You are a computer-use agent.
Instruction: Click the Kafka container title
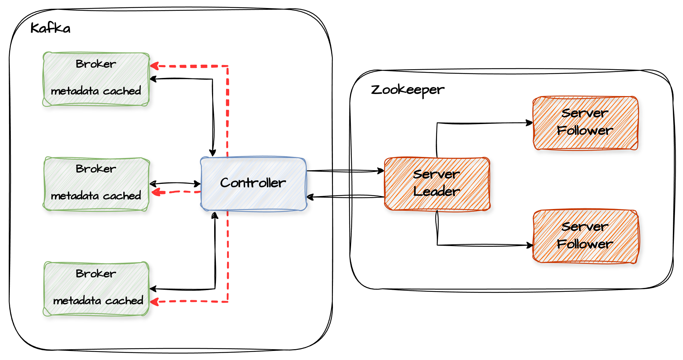[x=50, y=28]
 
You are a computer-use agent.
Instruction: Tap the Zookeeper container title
[x=407, y=90]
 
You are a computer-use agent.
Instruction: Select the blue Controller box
[x=253, y=183]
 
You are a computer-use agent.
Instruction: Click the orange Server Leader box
[x=437, y=183]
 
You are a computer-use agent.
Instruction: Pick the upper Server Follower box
[x=585, y=123]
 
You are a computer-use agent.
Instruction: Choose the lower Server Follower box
[x=585, y=236]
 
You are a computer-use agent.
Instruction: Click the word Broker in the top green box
[x=96, y=64]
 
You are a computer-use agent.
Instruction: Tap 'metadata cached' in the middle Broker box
[x=96, y=196]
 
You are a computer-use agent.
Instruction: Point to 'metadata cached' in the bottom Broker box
[x=98, y=301]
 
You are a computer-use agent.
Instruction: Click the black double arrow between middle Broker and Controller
[x=175, y=183]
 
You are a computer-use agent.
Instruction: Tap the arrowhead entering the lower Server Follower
[x=529, y=245]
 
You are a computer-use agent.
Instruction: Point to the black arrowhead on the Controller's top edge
[x=212, y=153]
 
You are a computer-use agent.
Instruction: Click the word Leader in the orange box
[x=437, y=192]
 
